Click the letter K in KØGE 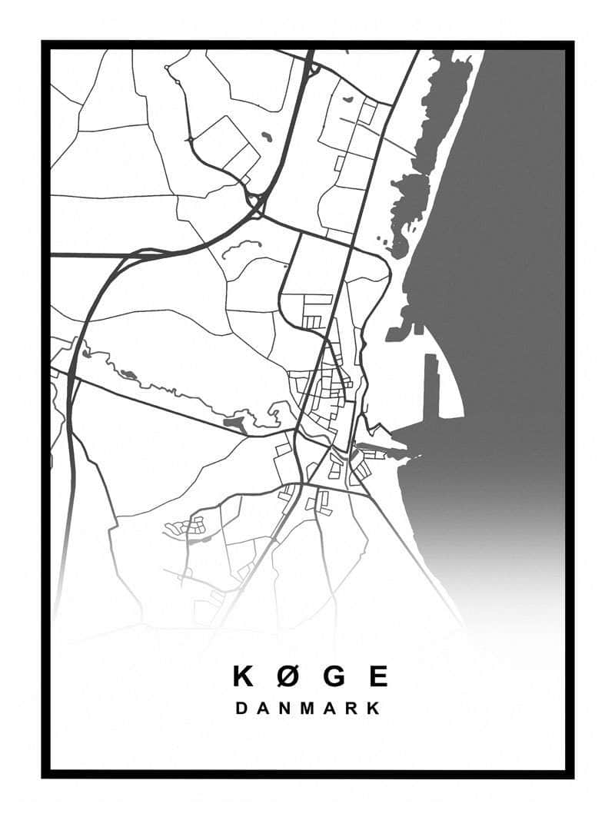243,676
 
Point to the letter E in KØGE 378,676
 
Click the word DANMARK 307,708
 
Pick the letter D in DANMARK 241,708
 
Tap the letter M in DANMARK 307,708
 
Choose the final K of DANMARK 374,708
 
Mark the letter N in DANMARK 284,708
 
